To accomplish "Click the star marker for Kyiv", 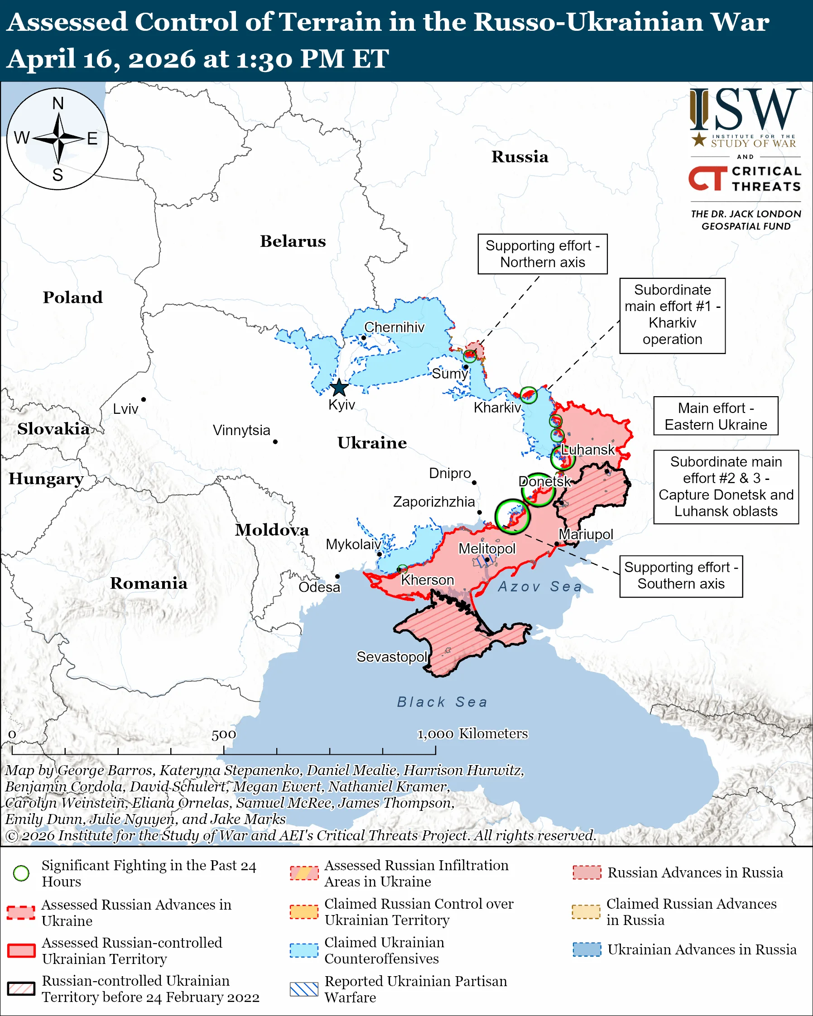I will click(339, 388).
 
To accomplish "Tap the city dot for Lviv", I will click(143, 400).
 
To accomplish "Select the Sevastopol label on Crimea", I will click(392, 657).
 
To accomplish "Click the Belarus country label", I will click(293, 241).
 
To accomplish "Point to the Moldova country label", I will click(272, 530).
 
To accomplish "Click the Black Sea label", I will click(442, 702).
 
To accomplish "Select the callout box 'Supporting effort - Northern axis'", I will click(543, 254).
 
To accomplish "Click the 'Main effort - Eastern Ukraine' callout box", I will click(716, 416).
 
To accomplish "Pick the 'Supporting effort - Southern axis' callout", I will click(681, 576).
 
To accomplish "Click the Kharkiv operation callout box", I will click(672, 315).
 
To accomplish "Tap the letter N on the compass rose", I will click(58, 103).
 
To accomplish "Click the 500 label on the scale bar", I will click(223, 735).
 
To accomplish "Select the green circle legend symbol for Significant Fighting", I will click(21, 873).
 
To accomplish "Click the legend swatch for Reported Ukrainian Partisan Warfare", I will click(304, 989).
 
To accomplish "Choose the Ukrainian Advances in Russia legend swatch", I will click(587, 949).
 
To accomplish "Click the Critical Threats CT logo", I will click(707, 178).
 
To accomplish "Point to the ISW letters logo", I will click(745, 110).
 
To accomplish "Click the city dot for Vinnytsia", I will click(275, 442).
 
